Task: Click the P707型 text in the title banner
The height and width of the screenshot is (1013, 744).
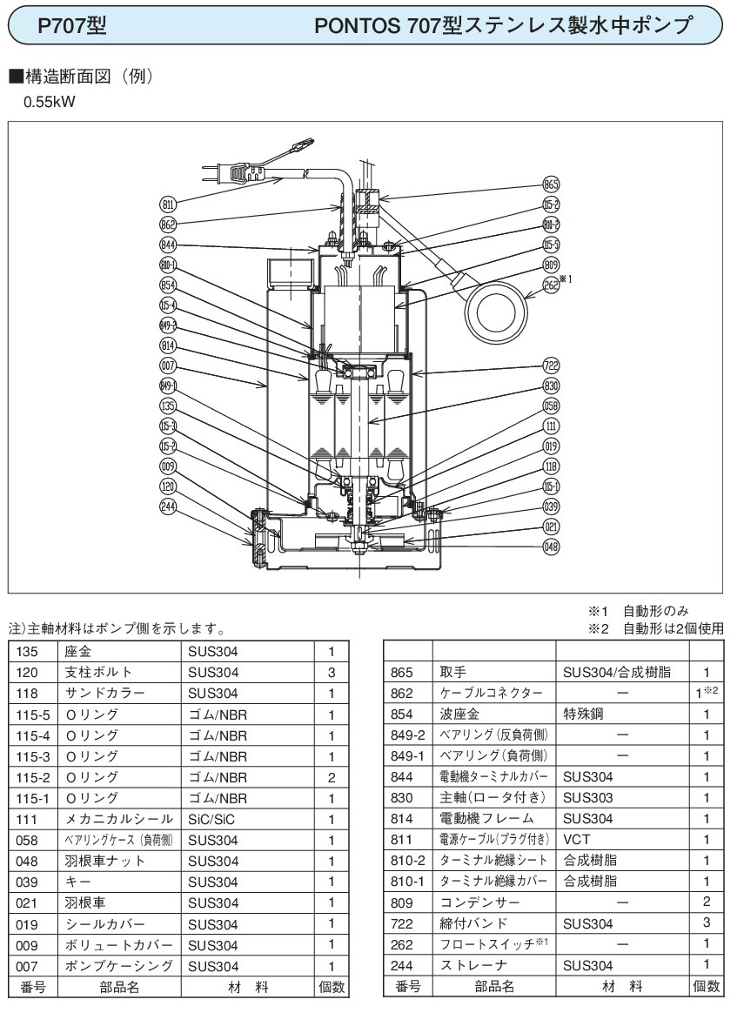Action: coord(72,26)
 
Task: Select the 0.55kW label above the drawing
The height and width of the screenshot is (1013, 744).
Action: coord(50,102)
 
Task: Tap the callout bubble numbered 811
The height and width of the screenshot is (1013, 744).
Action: coord(169,204)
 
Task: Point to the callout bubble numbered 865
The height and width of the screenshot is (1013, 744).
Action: coord(550,184)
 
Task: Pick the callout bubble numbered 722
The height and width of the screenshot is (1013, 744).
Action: coord(550,366)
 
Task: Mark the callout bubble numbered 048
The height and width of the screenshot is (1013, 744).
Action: coord(550,547)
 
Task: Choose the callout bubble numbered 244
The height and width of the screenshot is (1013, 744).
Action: coord(169,506)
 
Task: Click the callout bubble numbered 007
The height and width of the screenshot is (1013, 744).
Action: coord(169,365)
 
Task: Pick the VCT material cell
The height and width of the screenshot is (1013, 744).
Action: coord(577,840)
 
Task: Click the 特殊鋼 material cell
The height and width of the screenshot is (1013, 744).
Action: coord(584,714)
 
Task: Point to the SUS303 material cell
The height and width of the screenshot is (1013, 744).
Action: coord(587,798)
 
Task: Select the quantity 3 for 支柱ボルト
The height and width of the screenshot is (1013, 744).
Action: coord(331,673)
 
